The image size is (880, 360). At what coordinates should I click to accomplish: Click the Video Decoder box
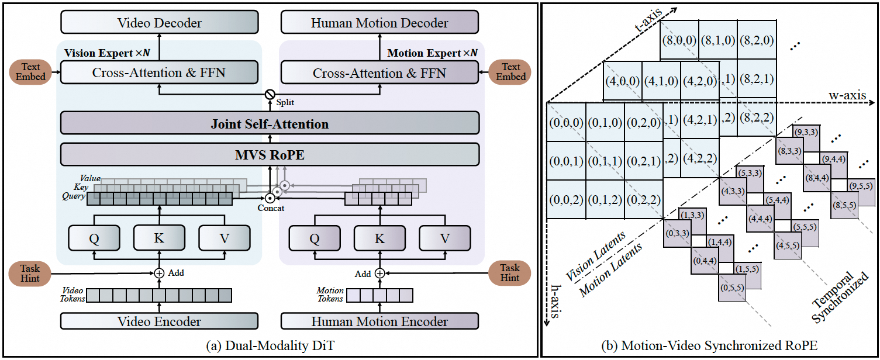coord(159,23)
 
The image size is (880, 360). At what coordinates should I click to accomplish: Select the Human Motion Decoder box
coord(379,23)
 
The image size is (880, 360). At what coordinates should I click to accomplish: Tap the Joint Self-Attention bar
coord(270,124)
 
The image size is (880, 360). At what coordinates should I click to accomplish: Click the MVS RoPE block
coord(270,154)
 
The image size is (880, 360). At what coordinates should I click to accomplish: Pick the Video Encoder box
coord(159,321)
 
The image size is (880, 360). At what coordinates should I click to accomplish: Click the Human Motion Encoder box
coord(379,321)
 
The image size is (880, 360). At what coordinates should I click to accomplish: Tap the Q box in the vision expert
coord(94,238)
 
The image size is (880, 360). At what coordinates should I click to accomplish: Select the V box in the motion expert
coord(444,238)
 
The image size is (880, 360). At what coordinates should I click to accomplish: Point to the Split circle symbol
coord(270,94)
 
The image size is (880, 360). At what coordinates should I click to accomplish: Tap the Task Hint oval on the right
coord(510,273)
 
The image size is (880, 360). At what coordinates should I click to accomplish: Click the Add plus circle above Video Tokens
coord(159,273)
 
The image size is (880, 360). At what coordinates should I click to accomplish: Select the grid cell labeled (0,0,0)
coord(566,122)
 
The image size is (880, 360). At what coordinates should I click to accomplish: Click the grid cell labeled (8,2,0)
coord(757,40)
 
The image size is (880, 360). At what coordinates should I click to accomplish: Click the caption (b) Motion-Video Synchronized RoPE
coord(710,346)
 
